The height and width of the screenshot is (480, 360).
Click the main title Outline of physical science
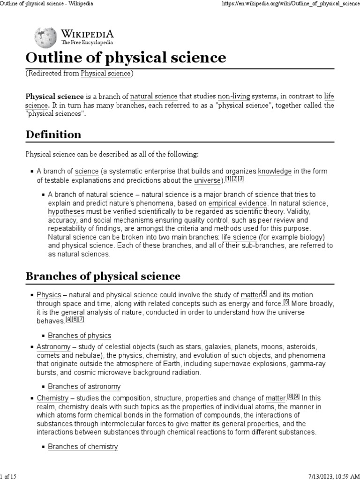126,58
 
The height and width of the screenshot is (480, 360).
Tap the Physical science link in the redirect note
106,73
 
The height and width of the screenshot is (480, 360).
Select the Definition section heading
53,135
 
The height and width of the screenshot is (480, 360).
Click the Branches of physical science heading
103,276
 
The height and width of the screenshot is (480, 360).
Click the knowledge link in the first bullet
275,171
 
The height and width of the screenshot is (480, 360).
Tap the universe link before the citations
208,180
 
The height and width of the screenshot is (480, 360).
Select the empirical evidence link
238,203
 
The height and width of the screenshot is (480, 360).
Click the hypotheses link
66,212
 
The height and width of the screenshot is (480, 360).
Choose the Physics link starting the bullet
49,295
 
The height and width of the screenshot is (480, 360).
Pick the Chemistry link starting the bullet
52,398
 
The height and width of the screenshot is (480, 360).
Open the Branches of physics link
80,335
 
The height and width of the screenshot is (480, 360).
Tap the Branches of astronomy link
84,387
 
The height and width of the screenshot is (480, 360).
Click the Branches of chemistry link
83,447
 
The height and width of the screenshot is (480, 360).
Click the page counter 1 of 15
9,476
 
